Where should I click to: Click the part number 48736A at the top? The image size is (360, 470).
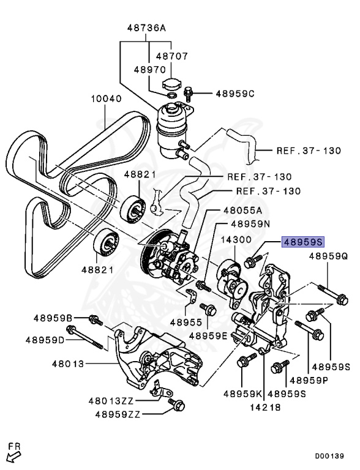click(147, 28)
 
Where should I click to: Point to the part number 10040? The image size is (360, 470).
click(107, 99)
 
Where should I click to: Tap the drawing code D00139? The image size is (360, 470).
click(329, 456)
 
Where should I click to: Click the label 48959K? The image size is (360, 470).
click(242, 393)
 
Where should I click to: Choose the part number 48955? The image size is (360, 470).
click(186, 321)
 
